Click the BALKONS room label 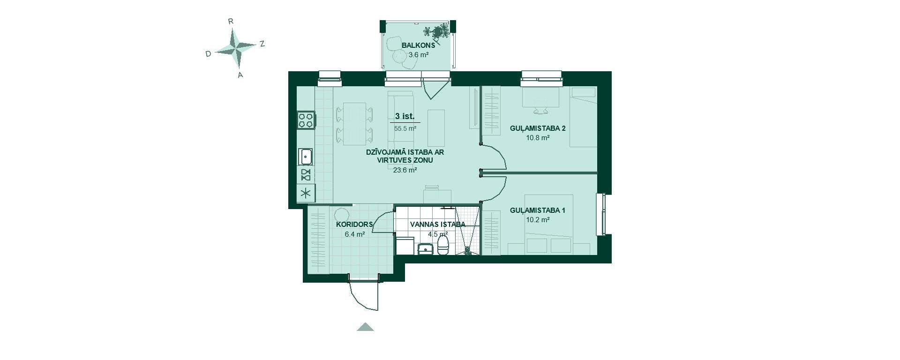(x=418, y=45)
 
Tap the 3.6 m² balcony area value (x=418, y=54)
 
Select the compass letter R (x=231, y=21)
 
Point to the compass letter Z (x=262, y=44)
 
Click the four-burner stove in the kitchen (x=306, y=120)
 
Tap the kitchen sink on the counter (x=306, y=156)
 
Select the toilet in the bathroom (x=443, y=244)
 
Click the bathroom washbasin (x=425, y=248)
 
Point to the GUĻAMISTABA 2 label (x=538, y=128)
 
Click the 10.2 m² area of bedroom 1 (x=538, y=219)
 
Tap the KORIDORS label (x=354, y=225)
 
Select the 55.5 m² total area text (x=405, y=128)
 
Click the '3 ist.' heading (x=405, y=116)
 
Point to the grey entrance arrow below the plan (x=365, y=327)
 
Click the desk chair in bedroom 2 (x=540, y=109)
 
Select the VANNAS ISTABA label (x=438, y=225)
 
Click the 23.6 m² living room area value (x=405, y=170)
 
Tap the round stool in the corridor (x=342, y=215)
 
